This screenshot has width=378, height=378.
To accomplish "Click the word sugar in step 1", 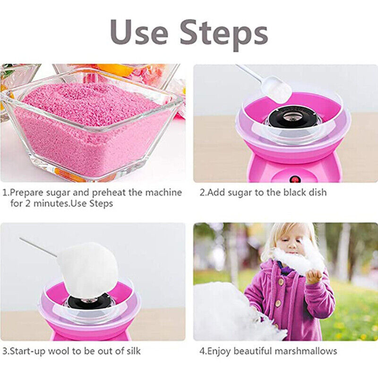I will [x=59, y=193].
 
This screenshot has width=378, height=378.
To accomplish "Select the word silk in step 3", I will [x=131, y=351].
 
